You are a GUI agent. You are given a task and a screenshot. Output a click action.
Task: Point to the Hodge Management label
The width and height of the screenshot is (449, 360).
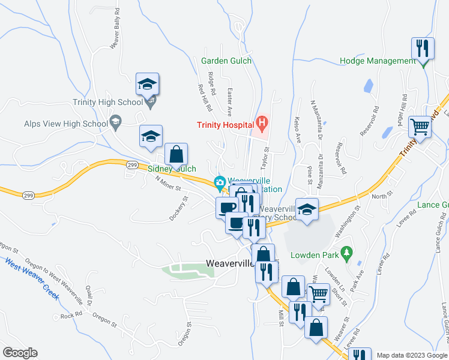pos(378,61)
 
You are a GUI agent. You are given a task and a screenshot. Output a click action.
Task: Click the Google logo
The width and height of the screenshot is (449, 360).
pos(20,353)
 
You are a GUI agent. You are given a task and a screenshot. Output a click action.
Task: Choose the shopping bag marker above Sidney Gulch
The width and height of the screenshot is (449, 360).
pos(176,154)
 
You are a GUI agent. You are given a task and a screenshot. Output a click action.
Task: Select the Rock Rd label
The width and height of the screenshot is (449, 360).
pos(70,316)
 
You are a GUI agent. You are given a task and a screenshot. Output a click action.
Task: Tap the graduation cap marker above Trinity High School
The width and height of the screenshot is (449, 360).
pos(147,85)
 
